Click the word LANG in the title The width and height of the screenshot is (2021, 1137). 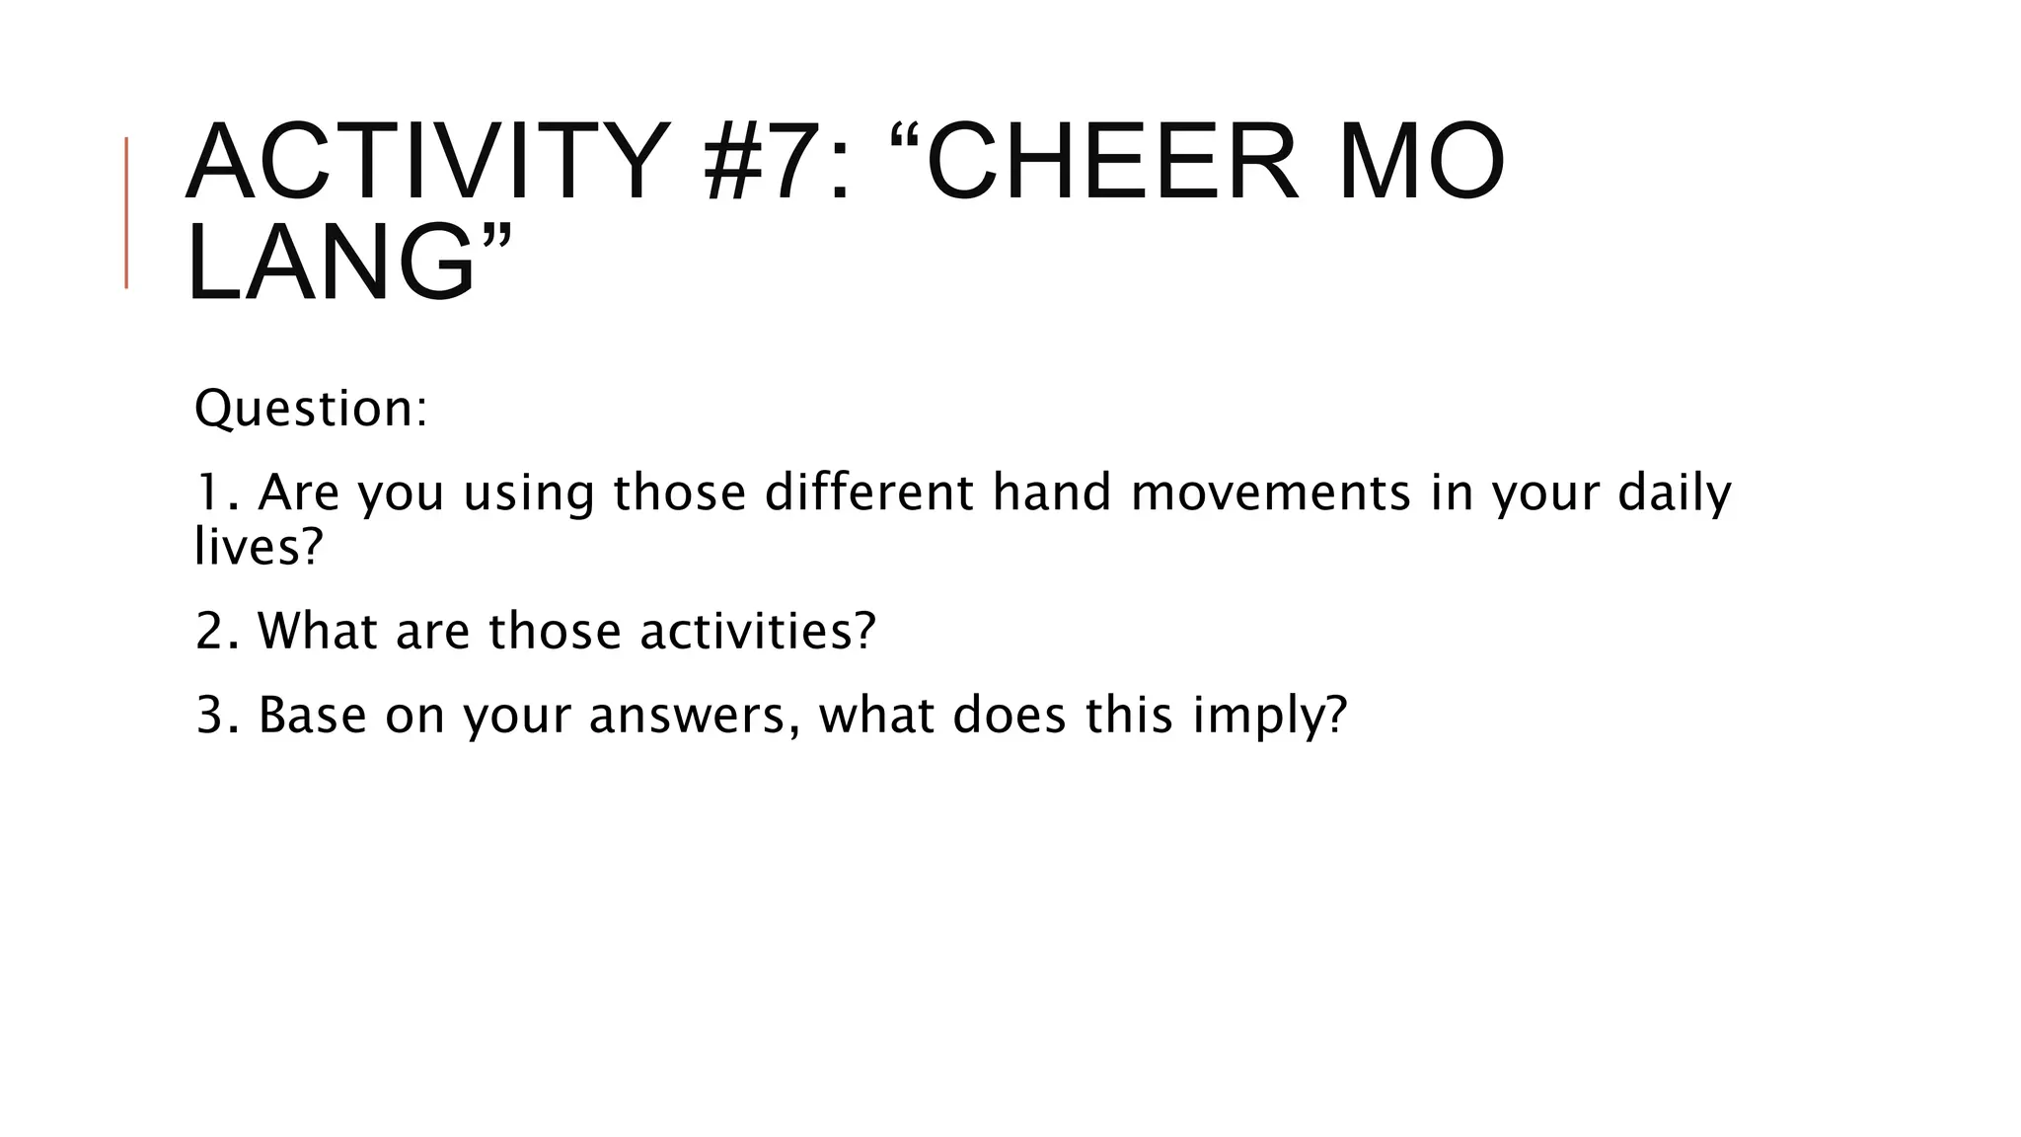332,263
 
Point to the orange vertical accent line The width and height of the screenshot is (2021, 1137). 126,212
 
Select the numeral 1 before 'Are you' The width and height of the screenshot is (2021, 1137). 206,492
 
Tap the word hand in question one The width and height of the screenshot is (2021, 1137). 1051,492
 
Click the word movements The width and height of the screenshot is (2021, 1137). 1271,492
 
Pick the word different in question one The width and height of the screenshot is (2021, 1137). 868,492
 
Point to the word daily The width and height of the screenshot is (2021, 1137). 1674,493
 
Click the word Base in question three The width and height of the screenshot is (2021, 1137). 312,716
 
